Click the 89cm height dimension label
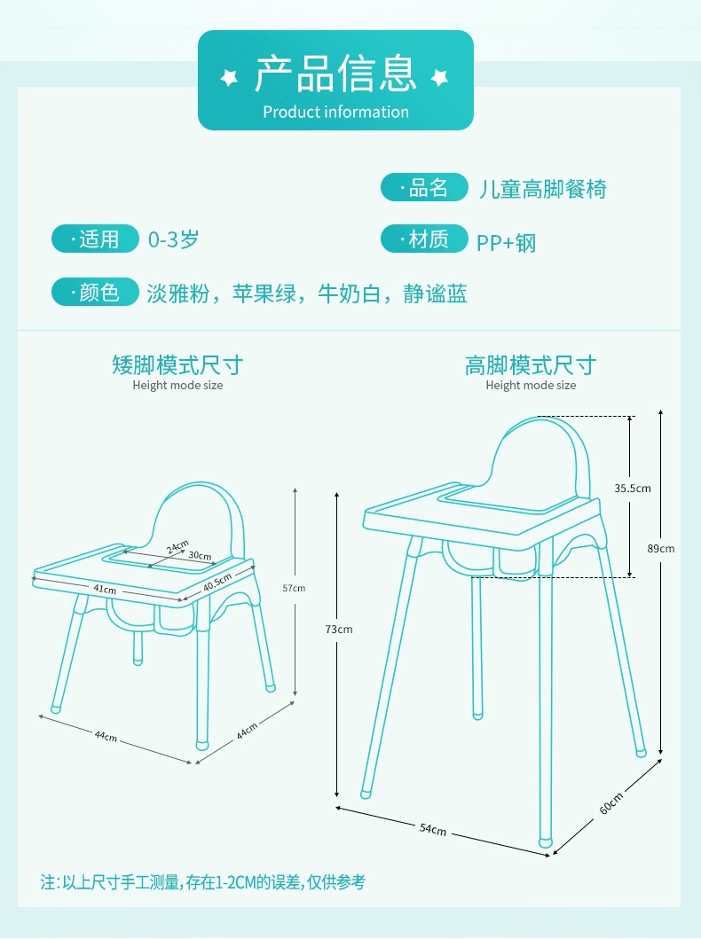(x=660, y=549)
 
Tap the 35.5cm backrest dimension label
(x=632, y=489)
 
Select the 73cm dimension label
(x=338, y=630)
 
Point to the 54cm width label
(x=433, y=829)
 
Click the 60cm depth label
(x=611, y=803)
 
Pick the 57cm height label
(x=294, y=589)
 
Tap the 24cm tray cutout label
(x=177, y=546)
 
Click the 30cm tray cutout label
(x=201, y=556)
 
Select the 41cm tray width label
(x=105, y=590)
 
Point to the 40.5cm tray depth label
(x=217, y=582)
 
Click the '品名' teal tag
(x=424, y=187)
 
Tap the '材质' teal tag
(x=424, y=239)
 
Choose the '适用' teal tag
(x=95, y=239)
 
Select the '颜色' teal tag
(x=95, y=292)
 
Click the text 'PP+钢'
(x=507, y=243)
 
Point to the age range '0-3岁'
(x=173, y=239)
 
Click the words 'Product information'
(x=335, y=112)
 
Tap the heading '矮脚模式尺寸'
(x=177, y=364)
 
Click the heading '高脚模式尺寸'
(x=531, y=364)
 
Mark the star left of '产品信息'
(x=229, y=77)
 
